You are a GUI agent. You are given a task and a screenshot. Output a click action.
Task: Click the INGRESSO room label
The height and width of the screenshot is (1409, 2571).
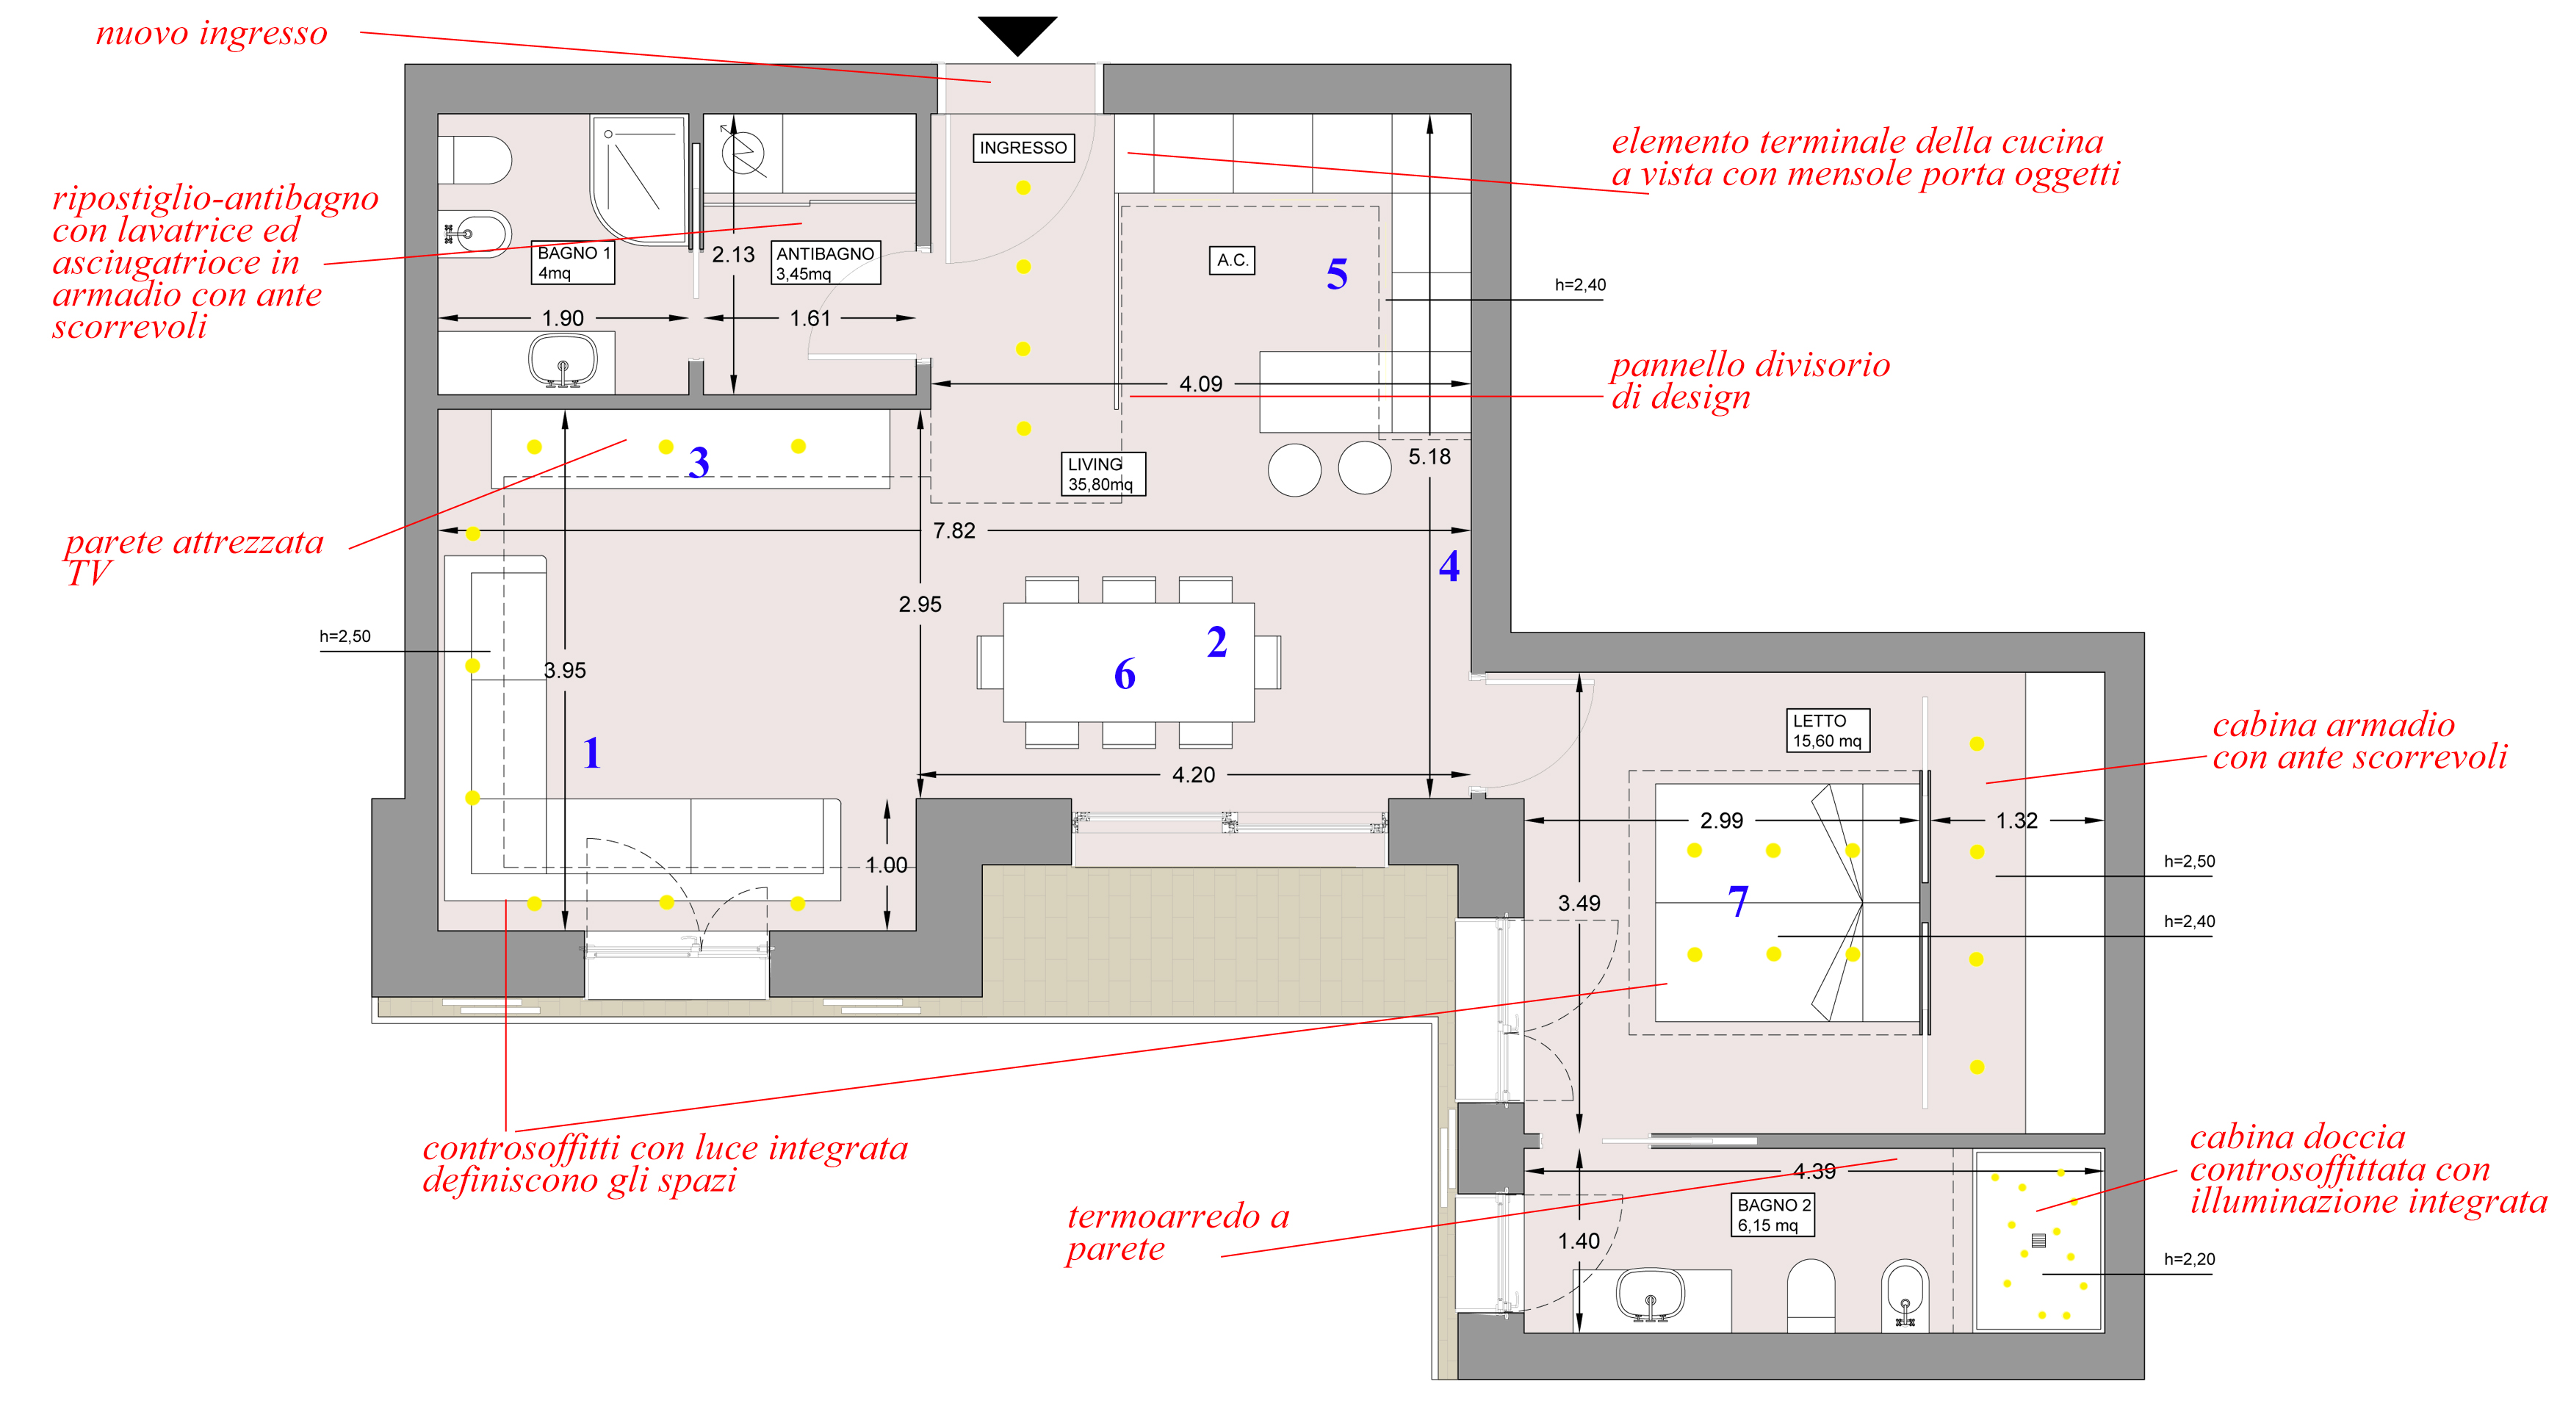tap(1023, 148)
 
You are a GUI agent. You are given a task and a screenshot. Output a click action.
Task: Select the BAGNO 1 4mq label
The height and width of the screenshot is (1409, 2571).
tap(573, 262)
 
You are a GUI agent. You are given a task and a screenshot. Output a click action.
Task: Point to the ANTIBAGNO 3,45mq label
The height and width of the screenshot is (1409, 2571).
tap(826, 264)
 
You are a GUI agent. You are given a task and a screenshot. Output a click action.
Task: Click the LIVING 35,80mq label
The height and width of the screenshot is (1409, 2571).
tap(1102, 474)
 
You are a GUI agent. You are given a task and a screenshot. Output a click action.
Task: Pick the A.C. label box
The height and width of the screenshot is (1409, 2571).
tap(1232, 261)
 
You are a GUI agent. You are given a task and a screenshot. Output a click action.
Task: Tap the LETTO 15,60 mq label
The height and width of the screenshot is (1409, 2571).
tap(1826, 730)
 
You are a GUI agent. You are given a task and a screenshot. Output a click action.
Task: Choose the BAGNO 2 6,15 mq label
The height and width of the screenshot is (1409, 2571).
tap(1773, 1214)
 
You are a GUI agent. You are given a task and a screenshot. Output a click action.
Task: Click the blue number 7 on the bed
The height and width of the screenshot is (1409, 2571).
tap(1737, 901)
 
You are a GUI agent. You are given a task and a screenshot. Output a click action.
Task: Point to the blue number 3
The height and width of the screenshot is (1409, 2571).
tap(699, 462)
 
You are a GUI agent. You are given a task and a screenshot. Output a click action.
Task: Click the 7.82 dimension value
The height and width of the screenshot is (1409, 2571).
tap(954, 531)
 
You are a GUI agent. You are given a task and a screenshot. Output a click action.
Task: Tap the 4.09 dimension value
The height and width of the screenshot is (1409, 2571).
tap(1201, 384)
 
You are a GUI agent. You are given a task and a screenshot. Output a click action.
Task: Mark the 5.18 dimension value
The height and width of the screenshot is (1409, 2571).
tap(1429, 457)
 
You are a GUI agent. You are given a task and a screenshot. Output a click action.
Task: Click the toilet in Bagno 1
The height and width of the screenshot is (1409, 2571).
tap(475, 159)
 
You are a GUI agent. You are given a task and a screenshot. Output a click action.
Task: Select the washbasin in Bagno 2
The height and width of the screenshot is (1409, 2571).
tap(1650, 1294)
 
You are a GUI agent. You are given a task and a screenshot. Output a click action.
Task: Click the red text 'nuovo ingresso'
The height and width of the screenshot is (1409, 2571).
tap(212, 33)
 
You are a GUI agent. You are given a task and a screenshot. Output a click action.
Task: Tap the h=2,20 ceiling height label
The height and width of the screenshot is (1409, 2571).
tap(2189, 1259)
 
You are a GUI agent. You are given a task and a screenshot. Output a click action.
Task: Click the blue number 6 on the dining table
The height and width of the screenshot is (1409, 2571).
tap(1125, 674)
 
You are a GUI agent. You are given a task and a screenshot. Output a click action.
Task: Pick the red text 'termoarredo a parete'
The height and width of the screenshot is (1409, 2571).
tap(1178, 1233)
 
